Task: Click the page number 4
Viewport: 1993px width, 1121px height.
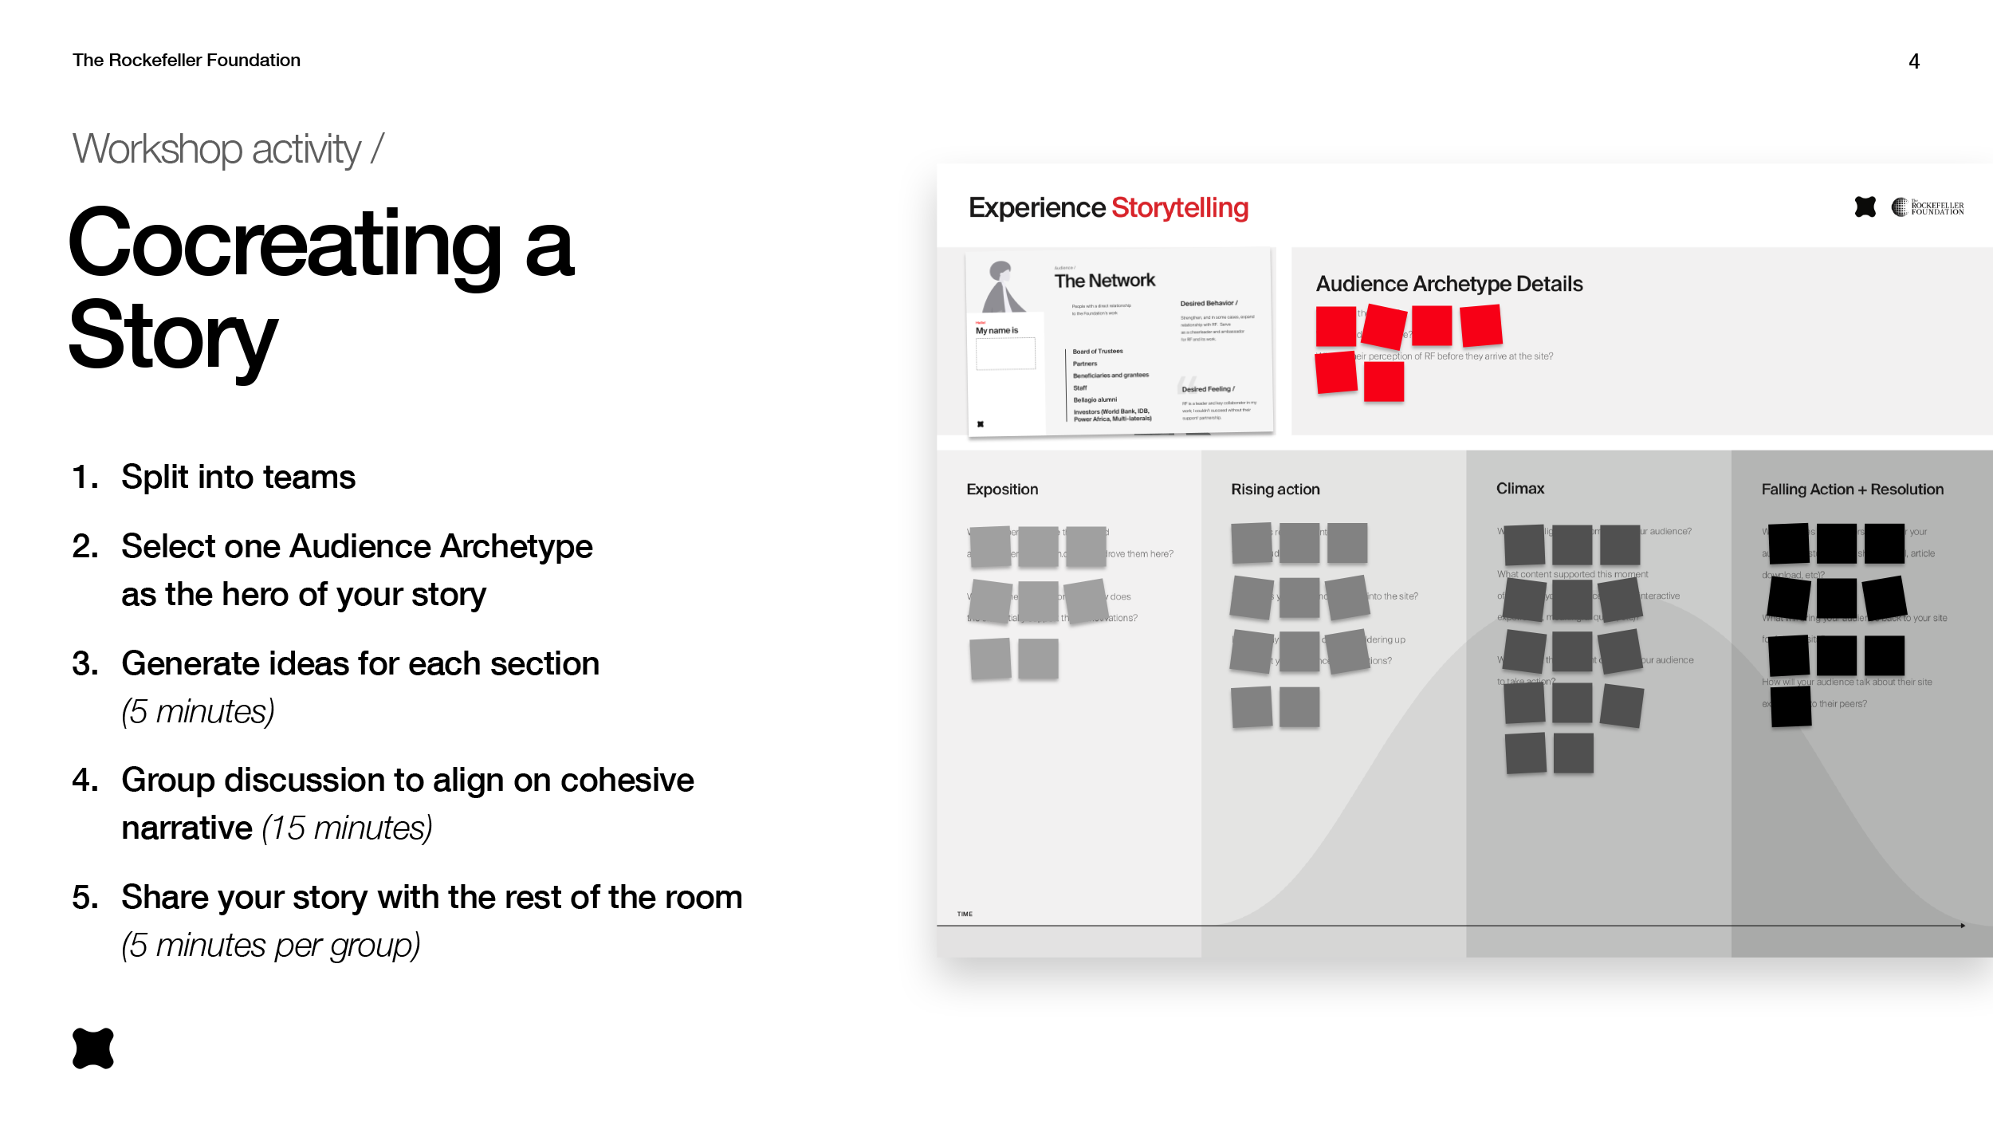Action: tap(1913, 61)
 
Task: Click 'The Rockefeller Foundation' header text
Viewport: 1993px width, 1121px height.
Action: tap(186, 61)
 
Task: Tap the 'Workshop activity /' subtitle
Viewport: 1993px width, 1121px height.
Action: tap(228, 149)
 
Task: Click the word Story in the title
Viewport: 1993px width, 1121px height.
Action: tap(173, 336)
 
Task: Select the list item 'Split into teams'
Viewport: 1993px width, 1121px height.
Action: tap(238, 477)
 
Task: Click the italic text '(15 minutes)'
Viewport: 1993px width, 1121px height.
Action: tap(347, 828)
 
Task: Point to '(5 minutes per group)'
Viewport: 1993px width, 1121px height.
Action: tap(270, 945)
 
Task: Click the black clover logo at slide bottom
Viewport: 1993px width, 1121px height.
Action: tap(93, 1048)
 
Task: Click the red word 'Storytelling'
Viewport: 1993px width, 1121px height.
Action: tap(1179, 207)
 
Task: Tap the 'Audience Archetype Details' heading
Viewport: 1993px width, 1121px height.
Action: tap(1449, 284)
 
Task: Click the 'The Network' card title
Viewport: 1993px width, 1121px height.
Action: tap(1104, 281)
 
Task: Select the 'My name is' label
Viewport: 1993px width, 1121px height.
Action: tap(996, 330)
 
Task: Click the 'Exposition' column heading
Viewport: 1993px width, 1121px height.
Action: tap(1002, 489)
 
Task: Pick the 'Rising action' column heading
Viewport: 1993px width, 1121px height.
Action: tap(1275, 489)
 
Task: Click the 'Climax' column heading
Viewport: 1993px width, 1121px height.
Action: tap(1519, 488)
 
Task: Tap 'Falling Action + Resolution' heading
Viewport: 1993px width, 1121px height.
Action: tap(1852, 489)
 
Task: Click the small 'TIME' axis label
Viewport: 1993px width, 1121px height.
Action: tap(965, 914)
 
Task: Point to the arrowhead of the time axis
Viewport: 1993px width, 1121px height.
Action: tap(1962, 925)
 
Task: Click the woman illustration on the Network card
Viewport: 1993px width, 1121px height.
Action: tap(1001, 287)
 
